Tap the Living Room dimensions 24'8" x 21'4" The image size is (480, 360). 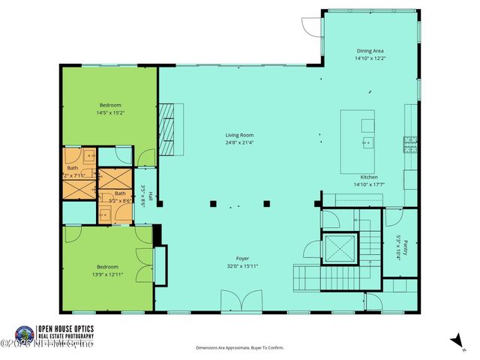239,142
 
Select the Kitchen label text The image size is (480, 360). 370,177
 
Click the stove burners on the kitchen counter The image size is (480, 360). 410,143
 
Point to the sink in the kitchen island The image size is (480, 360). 367,142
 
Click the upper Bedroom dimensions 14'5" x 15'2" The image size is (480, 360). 109,113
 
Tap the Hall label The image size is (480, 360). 150,197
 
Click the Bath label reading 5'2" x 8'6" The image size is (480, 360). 120,197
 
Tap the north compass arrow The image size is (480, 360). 455,341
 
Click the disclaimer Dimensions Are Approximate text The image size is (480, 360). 240,348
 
